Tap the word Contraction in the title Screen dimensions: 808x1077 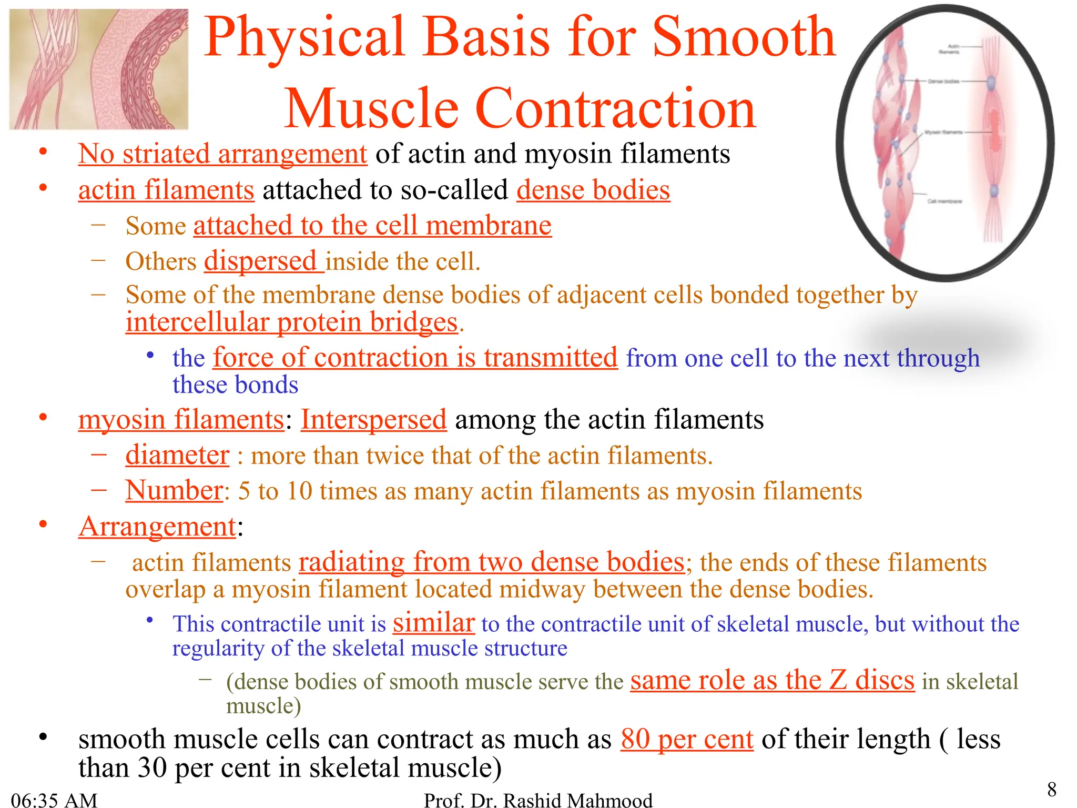point(615,109)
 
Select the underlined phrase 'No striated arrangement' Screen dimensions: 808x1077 point(222,154)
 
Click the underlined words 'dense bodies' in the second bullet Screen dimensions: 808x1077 point(593,190)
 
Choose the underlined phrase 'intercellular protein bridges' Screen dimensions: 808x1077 point(291,322)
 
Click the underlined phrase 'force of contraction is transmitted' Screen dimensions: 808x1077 point(415,358)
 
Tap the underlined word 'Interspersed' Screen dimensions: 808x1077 point(373,420)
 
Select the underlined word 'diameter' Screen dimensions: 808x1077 point(177,456)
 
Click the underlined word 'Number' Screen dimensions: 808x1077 point(174,491)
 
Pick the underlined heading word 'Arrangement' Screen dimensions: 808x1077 point(157,527)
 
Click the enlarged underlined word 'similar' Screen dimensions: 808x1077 point(434,623)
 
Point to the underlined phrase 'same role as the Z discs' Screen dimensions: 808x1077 point(772,680)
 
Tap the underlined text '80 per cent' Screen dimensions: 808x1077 point(686,740)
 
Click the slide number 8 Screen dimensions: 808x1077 point(1051,790)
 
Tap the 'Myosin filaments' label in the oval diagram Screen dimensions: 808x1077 point(943,132)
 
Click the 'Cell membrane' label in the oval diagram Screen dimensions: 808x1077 point(944,201)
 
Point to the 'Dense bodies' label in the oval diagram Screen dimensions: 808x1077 point(943,82)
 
